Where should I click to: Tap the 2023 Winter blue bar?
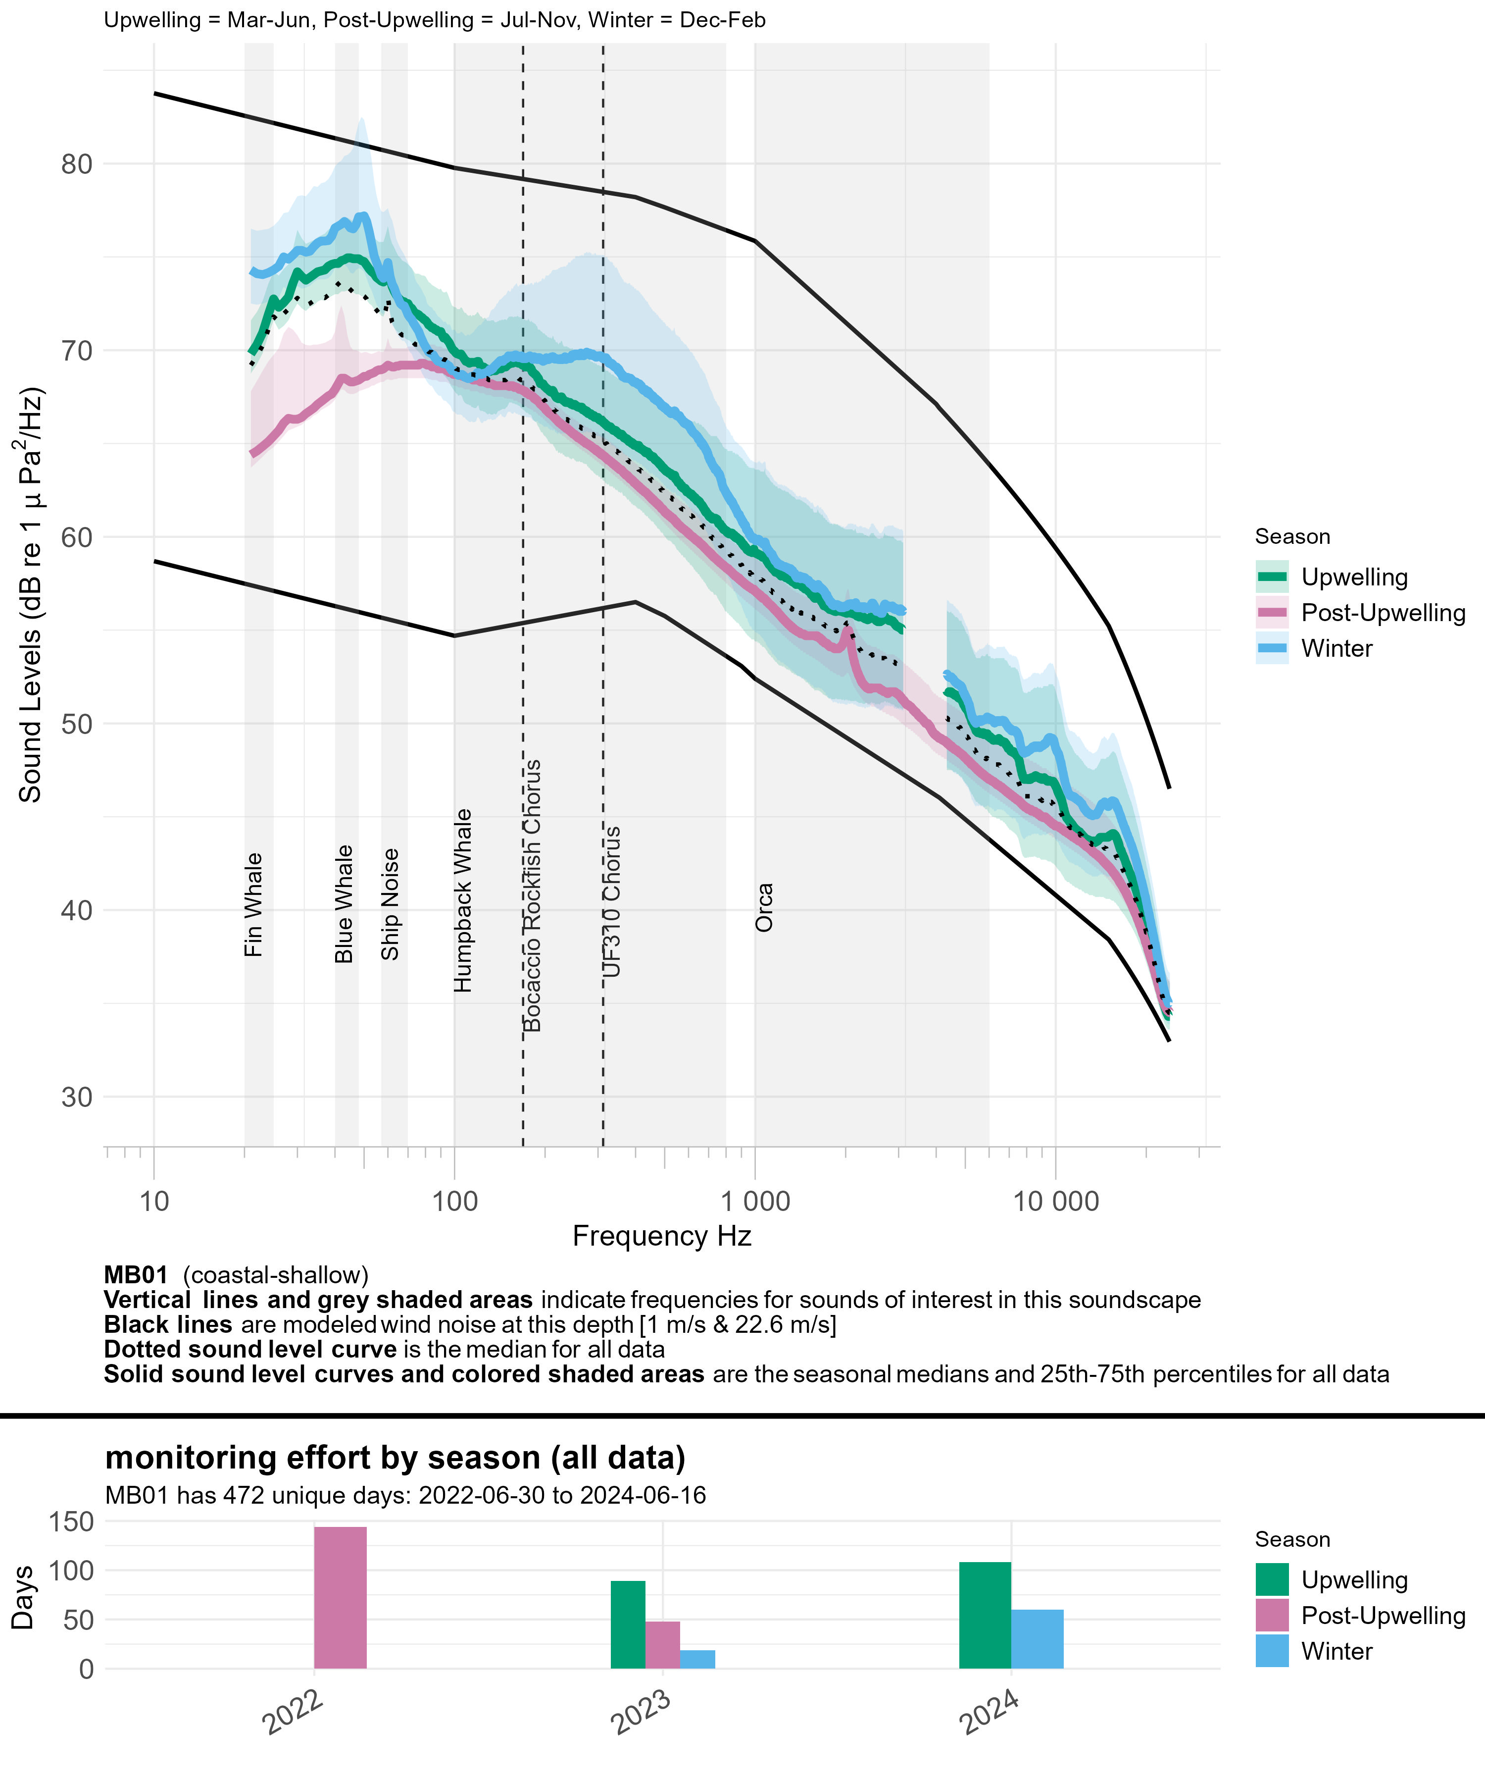697,1659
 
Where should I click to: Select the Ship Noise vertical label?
390,904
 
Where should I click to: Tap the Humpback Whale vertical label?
462,900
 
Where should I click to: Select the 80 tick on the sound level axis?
76,164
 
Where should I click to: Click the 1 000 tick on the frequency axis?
755,1202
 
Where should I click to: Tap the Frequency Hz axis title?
662,1236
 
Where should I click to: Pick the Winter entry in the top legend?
1336,649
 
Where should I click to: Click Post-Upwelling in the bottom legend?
1383,1616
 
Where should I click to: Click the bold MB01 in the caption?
136,1275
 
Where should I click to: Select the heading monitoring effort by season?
395,1458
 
